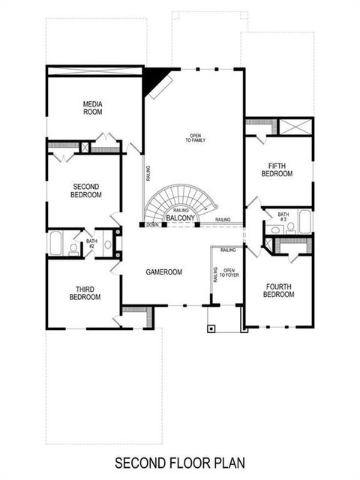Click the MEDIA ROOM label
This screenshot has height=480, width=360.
[x=94, y=107]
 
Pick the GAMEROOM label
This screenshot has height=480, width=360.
[x=164, y=272]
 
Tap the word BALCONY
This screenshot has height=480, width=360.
[x=180, y=218]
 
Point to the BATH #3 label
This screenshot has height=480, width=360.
[x=283, y=217]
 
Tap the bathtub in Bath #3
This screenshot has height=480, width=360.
[x=305, y=222]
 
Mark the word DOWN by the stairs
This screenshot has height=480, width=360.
[x=152, y=224]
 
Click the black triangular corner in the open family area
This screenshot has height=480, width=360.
[x=155, y=79]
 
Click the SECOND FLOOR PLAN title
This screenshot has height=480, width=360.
[x=179, y=463]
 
